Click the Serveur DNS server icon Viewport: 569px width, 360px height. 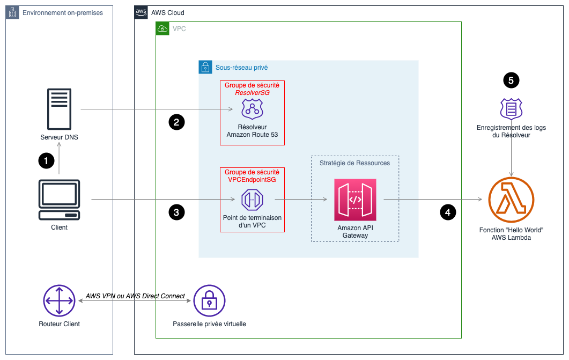click(59, 109)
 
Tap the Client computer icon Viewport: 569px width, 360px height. click(59, 200)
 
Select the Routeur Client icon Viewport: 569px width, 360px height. click(59, 301)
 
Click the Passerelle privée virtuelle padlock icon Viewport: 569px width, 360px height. click(209, 301)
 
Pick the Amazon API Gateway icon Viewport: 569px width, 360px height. click(355, 200)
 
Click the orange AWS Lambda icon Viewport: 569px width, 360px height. click(511, 200)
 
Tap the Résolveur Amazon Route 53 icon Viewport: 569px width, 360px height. click(252, 109)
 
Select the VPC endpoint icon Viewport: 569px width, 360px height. click(252, 200)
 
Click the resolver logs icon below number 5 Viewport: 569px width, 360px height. click(511, 109)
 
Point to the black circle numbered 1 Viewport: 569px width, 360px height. click(46, 160)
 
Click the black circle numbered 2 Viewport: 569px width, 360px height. click(176, 122)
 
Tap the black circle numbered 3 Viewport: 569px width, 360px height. click(176, 212)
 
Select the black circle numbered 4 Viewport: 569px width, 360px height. click(448, 212)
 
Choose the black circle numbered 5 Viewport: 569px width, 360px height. click(511, 80)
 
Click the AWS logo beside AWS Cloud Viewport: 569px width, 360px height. click(141, 12)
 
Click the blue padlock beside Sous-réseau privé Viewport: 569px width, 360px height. click(205, 67)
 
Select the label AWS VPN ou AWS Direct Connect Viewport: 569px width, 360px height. click(135, 296)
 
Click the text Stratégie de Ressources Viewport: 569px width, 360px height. click(354, 163)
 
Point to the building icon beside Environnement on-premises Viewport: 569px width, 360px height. click(12, 12)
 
